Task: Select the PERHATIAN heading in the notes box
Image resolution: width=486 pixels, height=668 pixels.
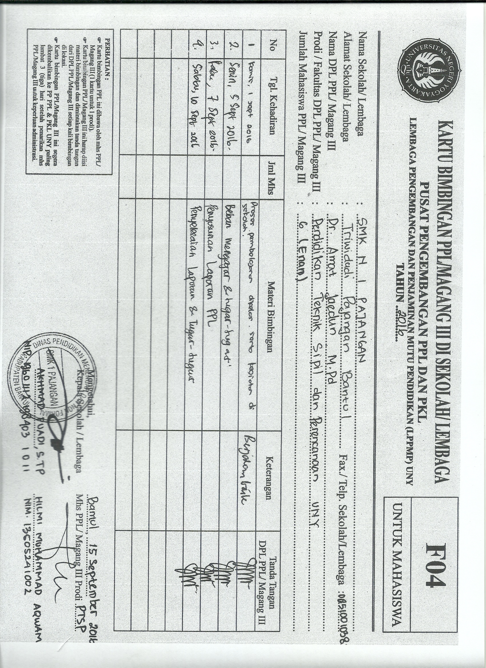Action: (107, 59)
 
